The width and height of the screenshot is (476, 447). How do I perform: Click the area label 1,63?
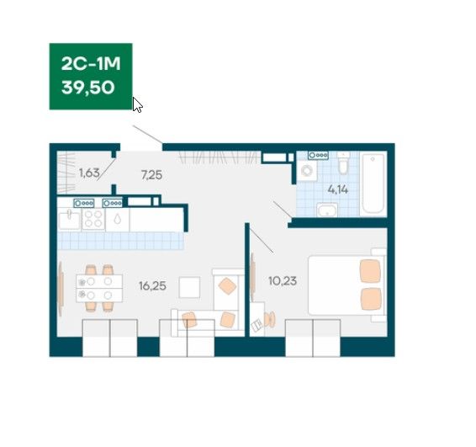click(89, 173)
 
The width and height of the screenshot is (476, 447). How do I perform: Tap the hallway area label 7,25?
click(151, 175)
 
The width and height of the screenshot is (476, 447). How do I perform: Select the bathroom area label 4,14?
click(337, 189)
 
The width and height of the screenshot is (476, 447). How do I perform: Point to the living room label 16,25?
click(152, 286)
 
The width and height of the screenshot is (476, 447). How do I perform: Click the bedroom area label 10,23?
click(283, 281)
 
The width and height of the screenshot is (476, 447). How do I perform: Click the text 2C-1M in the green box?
click(91, 64)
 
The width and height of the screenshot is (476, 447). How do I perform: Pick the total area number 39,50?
click(87, 88)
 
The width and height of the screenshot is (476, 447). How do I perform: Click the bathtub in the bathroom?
click(373, 184)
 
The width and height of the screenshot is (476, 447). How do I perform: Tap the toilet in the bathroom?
click(343, 163)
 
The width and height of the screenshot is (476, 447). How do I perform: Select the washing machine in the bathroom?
click(307, 171)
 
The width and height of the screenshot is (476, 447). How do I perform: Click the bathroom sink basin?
click(327, 210)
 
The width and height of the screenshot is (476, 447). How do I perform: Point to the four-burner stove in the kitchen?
click(93, 219)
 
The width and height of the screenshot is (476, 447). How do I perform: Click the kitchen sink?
click(70, 220)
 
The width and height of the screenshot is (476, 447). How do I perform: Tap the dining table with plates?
click(99, 288)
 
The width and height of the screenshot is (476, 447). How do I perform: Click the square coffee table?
click(189, 287)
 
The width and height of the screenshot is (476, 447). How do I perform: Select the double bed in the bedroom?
click(346, 285)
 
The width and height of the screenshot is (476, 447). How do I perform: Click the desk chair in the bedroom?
click(269, 320)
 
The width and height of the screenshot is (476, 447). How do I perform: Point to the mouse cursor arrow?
click(137, 105)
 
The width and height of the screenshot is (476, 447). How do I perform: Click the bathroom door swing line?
click(283, 210)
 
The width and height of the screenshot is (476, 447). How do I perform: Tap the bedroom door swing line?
click(261, 240)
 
